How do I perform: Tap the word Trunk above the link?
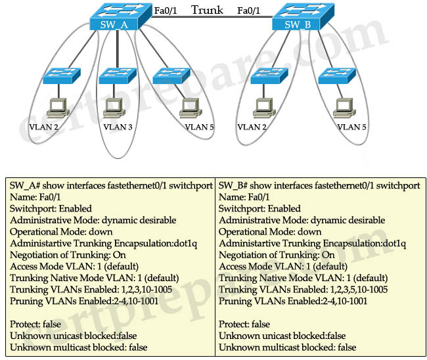(x=208, y=10)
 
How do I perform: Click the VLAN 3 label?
(x=118, y=127)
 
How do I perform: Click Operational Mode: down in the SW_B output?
(x=270, y=232)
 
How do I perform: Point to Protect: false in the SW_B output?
(x=244, y=324)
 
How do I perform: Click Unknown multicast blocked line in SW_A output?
(x=79, y=347)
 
